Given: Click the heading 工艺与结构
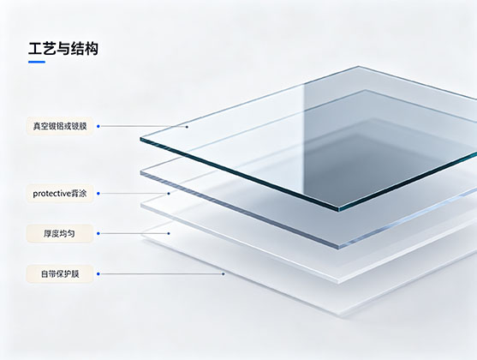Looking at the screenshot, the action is click(x=63, y=49).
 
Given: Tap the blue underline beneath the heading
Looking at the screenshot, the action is click(x=37, y=62).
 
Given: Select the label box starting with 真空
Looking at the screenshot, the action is click(x=60, y=126).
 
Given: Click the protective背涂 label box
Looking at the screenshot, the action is click(x=60, y=194).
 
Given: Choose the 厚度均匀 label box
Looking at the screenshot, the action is click(x=60, y=234).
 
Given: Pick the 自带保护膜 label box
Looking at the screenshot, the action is click(x=60, y=273).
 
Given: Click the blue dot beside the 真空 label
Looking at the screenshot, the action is click(x=98, y=126).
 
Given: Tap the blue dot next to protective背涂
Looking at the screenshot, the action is click(x=98, y=194).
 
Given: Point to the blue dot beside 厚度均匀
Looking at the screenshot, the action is click(x=98, y=234).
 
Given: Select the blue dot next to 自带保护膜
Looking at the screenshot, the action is click(x=98, y=273).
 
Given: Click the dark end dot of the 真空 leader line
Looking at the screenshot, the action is click(x=187, y=127).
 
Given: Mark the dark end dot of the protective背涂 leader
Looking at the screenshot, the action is click(x=169, y=194).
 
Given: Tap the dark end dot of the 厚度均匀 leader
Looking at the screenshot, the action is click(x=169, y=234).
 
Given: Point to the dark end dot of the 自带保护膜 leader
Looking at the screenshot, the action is click(x=224, y=273).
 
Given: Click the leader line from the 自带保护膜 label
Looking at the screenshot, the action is click(x=161, y=273).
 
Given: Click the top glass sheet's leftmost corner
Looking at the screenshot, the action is click(x=140, y=139).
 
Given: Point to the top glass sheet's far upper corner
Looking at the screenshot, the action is click(x=358, y=66).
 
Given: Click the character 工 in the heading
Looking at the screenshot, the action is click(x=35, y=49).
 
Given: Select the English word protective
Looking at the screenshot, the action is click(x=51, y=194).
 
